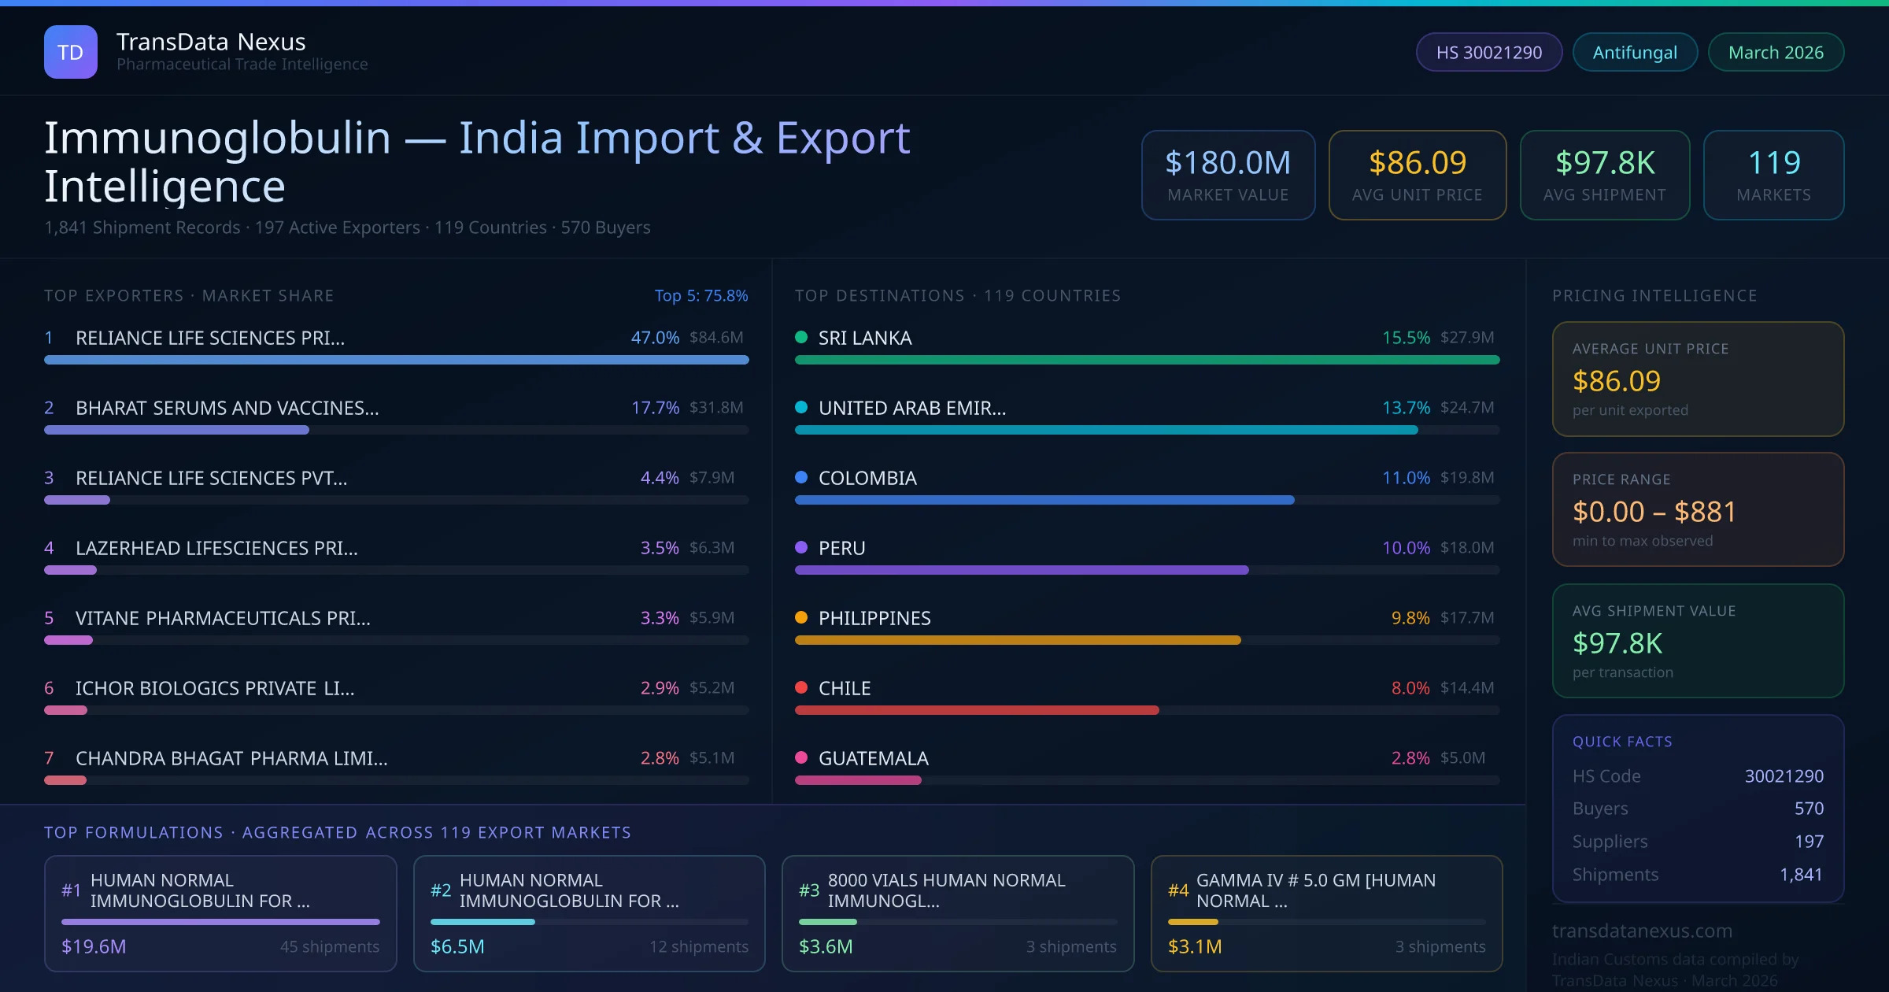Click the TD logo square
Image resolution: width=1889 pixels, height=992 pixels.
71,52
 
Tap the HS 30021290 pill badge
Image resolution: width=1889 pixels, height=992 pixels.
1488,53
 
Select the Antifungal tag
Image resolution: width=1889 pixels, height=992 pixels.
1635,53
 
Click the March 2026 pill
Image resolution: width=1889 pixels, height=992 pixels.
1776,53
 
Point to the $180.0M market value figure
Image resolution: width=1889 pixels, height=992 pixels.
1228,163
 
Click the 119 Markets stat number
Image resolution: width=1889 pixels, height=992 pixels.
1774,163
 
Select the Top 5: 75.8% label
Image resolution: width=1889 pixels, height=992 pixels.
701,295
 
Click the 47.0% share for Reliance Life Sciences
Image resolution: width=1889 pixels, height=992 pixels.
655,338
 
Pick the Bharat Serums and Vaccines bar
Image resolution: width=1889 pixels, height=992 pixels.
176,430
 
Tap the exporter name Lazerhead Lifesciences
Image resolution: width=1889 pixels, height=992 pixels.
216,548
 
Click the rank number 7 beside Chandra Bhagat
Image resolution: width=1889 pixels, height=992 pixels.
49,758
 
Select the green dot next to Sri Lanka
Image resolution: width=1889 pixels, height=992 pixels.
801,338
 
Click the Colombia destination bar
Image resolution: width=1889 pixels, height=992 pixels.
1044,500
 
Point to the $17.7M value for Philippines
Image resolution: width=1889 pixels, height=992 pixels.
1466,618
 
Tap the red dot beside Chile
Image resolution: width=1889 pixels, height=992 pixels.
801,687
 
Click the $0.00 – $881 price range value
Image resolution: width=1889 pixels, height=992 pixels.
1654,512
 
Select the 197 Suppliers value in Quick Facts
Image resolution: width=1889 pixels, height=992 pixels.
1809,842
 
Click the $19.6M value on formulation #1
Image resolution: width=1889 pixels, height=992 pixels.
94,946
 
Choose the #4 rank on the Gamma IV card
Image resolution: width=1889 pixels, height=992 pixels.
1178,890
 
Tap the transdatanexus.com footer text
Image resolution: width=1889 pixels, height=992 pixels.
1642,931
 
